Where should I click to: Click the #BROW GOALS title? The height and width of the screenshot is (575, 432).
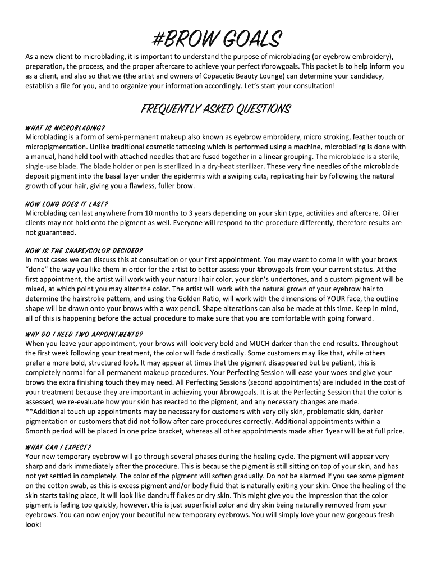[217, 39]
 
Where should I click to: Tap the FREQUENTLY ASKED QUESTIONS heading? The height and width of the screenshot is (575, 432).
[217, 108]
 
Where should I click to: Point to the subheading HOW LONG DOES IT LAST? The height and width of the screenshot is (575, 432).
[67, 203]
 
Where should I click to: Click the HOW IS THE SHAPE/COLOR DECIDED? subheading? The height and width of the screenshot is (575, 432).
[84, 250]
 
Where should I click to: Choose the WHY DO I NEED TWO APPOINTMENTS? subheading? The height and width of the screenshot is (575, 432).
[84, 334]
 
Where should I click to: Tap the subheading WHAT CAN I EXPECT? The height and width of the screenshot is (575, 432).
[58, 447]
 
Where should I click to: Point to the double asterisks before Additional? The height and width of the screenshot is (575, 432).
[29, 412]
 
